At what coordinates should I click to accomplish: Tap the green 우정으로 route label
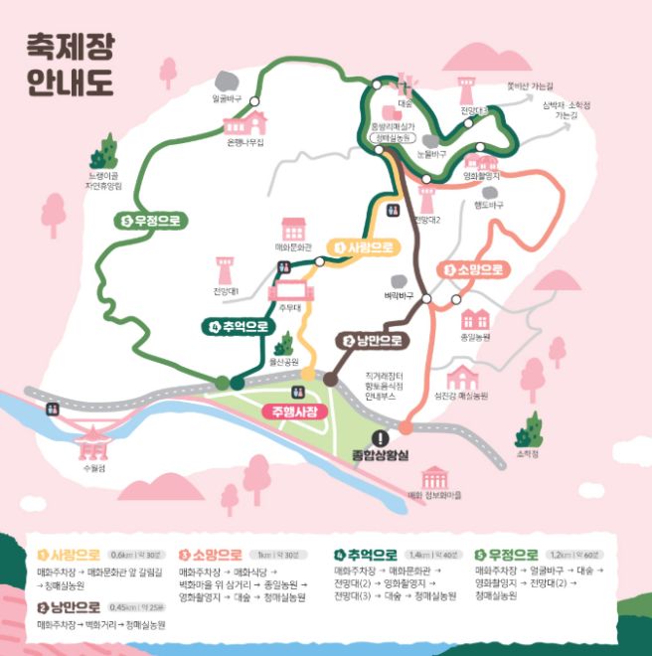point(154,221)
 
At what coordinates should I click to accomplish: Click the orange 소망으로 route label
point(472,269)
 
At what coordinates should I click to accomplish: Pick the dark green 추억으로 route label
point(240,326)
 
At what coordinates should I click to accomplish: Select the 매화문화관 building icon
point(292,228)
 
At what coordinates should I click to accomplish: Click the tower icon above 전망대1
point(226,268)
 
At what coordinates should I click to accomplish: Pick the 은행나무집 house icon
point(244,123)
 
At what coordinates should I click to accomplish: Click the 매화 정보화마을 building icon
point(432,477)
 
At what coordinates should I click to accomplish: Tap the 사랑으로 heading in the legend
point(70,555)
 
